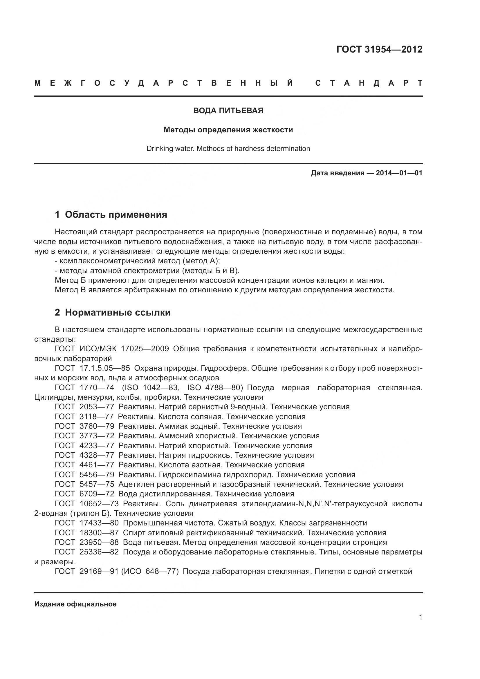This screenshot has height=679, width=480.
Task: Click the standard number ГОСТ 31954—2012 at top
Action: coord(379,49)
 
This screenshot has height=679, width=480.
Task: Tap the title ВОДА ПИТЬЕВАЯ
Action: coord(228,111)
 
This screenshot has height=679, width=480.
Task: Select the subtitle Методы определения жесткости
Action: coord(228,130)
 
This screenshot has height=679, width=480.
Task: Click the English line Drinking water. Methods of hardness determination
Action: coord(228,148)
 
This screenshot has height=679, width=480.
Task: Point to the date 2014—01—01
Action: coord(399,173)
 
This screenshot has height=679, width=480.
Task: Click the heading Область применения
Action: coord(116,215)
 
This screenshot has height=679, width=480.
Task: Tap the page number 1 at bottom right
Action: coord(420,617)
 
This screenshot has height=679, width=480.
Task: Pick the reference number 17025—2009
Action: coord(145,349)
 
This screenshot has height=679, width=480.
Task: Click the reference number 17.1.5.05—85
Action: coord(105,368)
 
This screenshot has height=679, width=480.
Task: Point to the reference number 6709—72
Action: coord(97,494)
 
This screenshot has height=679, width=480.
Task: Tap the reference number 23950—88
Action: coord(99,542)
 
